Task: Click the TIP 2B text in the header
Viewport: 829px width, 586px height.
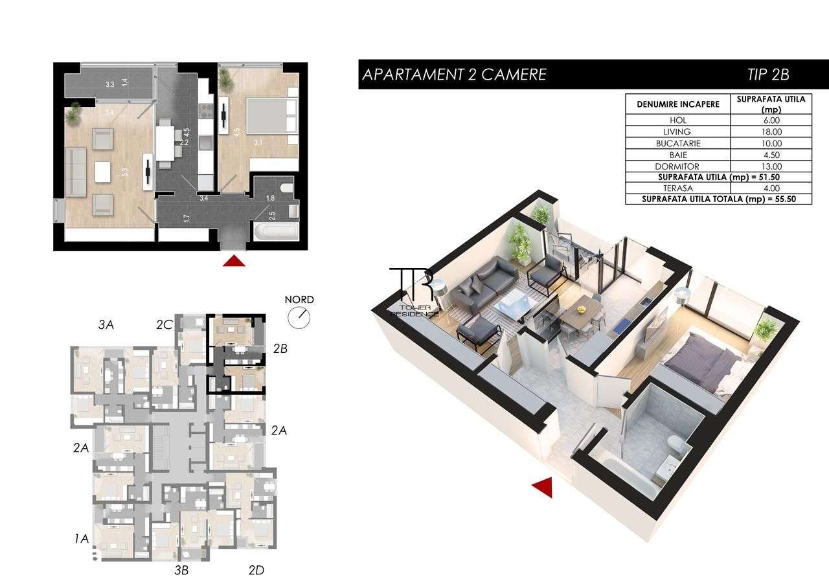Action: click(771, 74)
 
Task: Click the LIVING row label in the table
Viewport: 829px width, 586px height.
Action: click(677, 131)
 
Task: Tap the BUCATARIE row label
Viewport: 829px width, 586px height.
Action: click(677, 143)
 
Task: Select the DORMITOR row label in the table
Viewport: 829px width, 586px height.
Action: click(677, 166)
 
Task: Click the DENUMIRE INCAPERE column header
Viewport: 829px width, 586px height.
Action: click(677, 104)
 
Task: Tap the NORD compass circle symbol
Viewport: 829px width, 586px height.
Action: click(300, 317)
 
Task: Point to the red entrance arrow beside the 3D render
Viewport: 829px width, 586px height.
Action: click(543, 487)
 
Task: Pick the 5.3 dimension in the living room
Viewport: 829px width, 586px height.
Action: click(124, 173)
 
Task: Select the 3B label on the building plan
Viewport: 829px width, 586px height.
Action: click(181, 570)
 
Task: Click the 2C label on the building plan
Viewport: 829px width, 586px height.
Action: click(164, 325)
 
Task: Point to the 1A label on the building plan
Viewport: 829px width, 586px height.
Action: click(81, 538)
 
